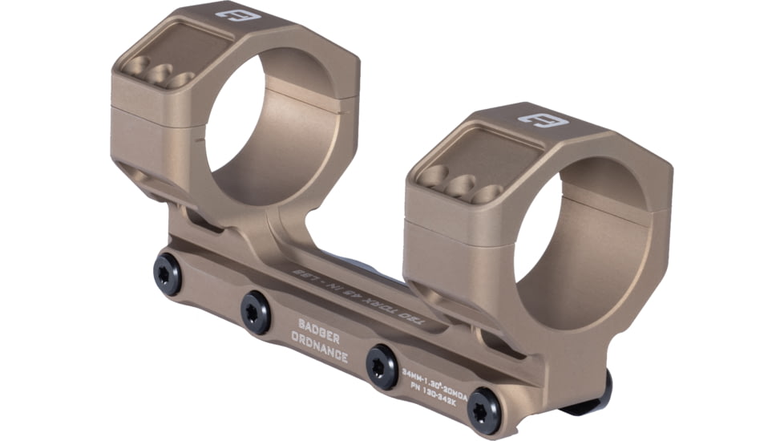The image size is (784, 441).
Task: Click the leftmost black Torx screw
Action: (x=167, y=274)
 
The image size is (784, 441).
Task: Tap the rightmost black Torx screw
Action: (x=484, y=410)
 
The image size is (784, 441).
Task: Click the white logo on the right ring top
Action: (x=543, y=122)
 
